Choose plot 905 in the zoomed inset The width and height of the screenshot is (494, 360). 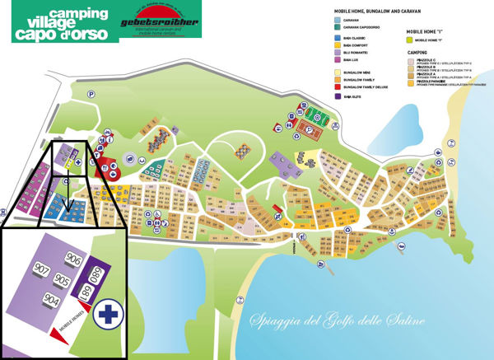(x=62, y=279)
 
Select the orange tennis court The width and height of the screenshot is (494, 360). (x=311, y=129)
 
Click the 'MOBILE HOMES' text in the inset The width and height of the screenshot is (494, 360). (x=62, y=335)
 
